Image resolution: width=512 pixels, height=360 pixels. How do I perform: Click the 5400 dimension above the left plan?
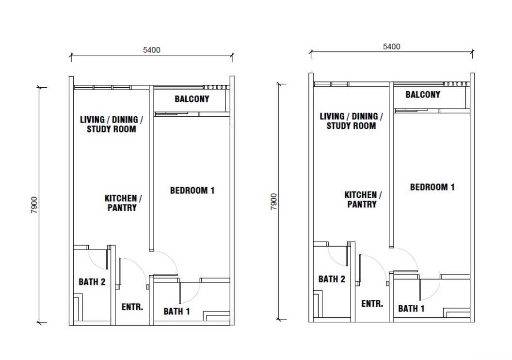click(151, 50)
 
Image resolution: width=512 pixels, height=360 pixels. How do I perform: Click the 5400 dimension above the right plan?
click(391, 47)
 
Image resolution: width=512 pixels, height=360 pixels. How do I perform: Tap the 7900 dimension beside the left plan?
click(34, 205)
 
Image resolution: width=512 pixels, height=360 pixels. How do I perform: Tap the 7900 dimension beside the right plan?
click(273, 202)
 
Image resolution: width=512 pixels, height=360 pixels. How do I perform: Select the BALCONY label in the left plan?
click(192, 99)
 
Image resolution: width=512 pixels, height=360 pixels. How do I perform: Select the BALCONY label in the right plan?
click(423, 94)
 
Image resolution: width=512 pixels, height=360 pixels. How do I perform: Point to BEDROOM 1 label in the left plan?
click(192, 190)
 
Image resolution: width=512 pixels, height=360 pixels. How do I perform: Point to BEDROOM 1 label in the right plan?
click(432, 187)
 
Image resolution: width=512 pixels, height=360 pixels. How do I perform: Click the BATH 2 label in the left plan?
click(92, 282)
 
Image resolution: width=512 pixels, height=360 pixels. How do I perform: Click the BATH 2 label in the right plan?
click(332, 279)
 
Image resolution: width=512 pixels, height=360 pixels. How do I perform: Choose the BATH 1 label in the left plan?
click(176, 312)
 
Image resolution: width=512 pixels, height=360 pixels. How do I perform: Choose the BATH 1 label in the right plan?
click(412, 309)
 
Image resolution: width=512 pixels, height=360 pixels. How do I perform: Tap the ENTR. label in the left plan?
click(132, 307)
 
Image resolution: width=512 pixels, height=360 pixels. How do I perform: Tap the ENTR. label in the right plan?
click(372, 303)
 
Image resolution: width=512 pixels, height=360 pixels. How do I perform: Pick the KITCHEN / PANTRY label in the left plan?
click(123, 203)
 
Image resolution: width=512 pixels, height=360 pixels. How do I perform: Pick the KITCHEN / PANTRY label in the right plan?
click(363, 200)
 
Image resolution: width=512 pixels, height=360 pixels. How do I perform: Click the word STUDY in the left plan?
click(97, 129)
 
